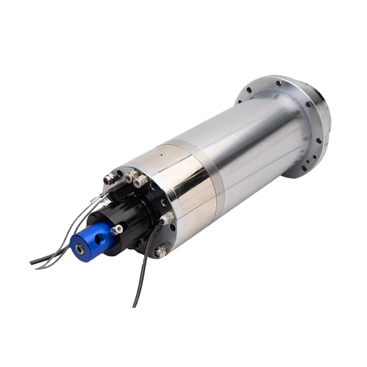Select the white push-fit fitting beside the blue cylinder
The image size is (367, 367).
[x=118, y=228]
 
